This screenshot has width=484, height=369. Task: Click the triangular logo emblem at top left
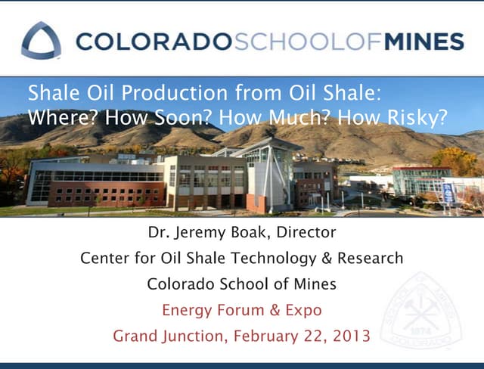[x=41, y=40]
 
